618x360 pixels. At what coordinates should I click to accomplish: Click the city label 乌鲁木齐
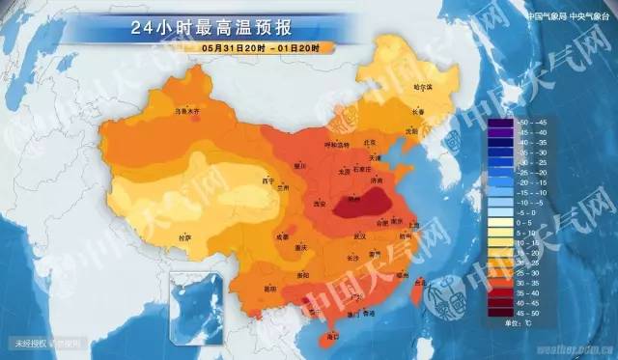tap(185, 111)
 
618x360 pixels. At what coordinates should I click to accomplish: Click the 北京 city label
tap(367, 143)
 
